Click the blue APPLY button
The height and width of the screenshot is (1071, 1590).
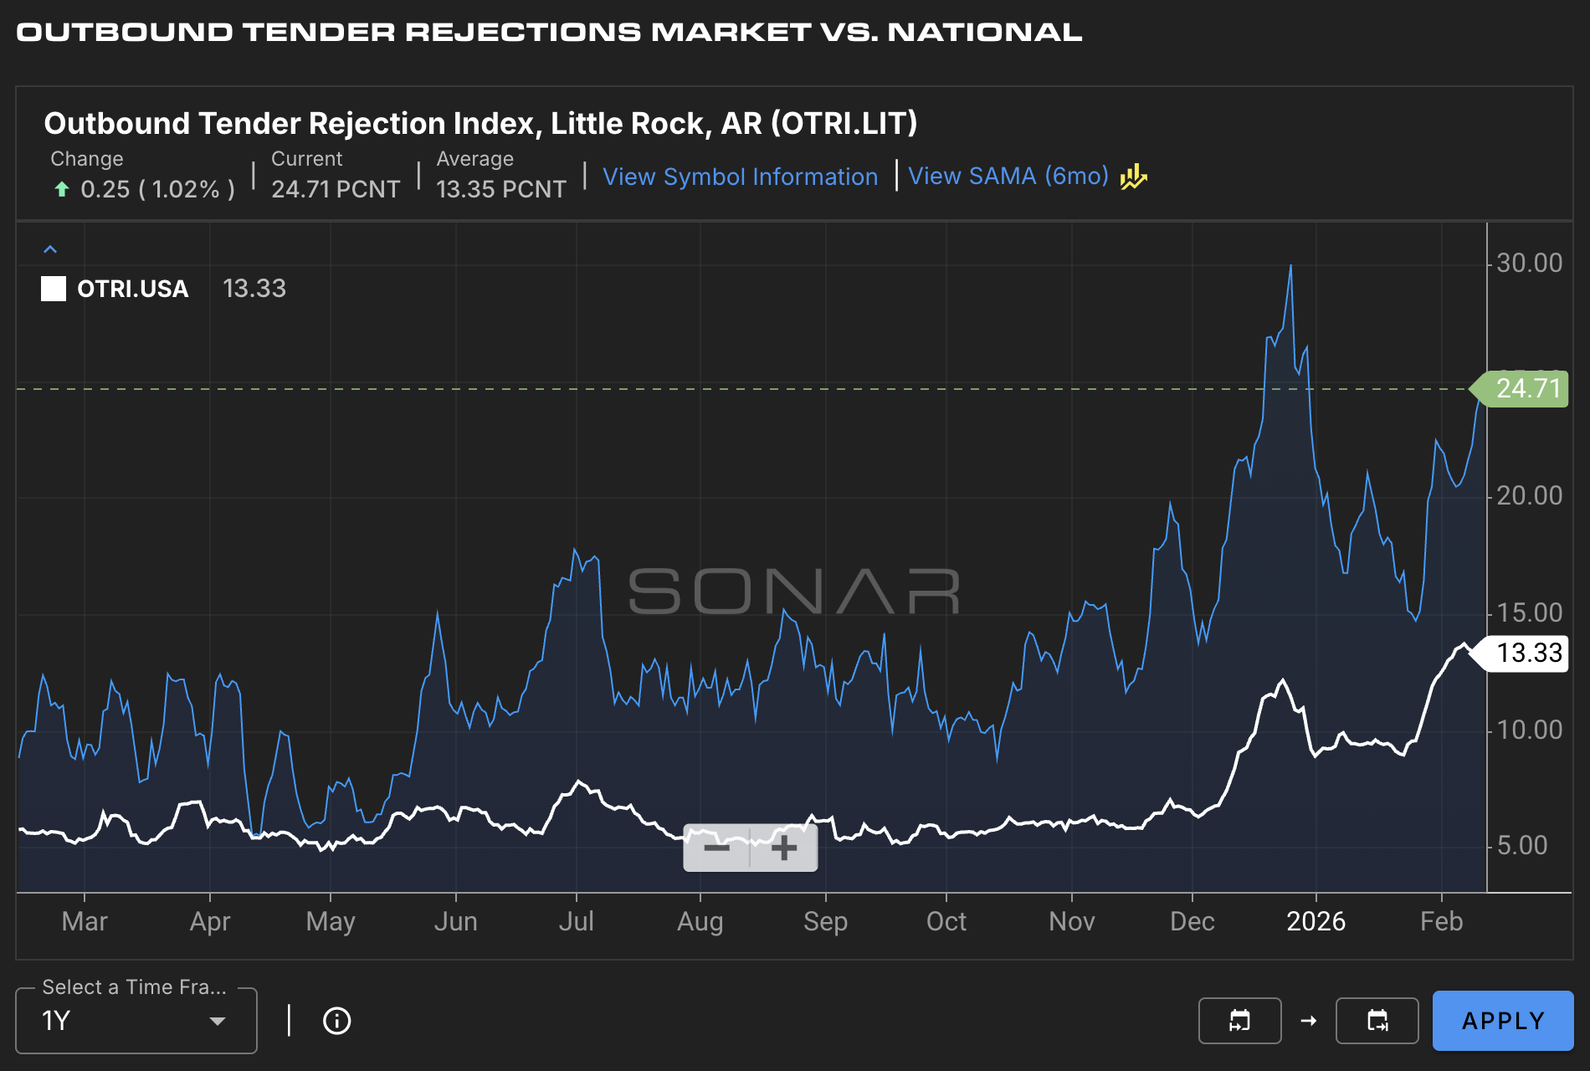point(1502,1021)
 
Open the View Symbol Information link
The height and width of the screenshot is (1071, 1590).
point(740,177)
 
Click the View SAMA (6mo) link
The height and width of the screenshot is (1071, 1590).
point(1008,177)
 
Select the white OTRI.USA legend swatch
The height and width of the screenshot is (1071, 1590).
point(54,289)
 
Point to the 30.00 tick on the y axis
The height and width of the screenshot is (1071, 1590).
point(1529,264)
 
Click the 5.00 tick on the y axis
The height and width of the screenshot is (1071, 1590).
point(1521,845)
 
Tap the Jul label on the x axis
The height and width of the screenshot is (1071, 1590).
point(576,921)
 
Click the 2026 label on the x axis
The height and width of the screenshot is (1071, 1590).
point(1316,921)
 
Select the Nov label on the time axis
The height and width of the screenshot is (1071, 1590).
point(1071,921)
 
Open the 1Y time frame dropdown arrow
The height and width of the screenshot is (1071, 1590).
point(218,1021)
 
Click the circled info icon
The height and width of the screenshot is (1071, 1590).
point(336,1021)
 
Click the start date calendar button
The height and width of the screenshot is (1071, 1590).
point(1239,1021)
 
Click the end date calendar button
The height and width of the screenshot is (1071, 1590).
point(1377,1021)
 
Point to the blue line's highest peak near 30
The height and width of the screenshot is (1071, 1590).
point(1290,267)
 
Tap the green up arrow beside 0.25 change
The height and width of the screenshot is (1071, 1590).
point(61,189)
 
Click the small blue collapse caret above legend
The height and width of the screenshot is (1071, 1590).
point(50,249)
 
